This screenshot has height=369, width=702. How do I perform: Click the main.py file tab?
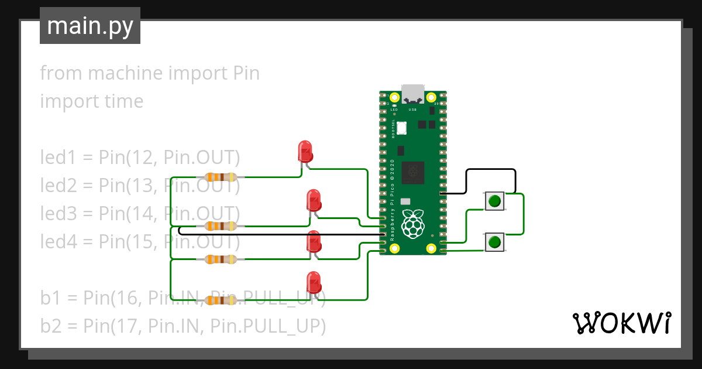(90, 26)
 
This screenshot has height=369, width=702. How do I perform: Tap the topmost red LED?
(305, 152)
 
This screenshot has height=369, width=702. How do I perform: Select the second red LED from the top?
(314, 200)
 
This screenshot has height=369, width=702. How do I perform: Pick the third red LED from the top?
(314, 242)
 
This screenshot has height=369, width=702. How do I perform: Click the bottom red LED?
(314, 282)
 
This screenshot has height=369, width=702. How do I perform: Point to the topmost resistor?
(220, 177)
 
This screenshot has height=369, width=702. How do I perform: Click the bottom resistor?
(220, 300)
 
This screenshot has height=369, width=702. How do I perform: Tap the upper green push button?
(494, 201)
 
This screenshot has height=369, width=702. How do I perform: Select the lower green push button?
(494, 241)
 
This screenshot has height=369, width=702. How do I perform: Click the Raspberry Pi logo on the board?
(414, 223)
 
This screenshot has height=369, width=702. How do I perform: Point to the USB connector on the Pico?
(413, 94)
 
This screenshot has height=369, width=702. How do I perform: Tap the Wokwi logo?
(621, 323)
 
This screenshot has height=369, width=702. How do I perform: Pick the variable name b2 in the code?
(50, 325)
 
